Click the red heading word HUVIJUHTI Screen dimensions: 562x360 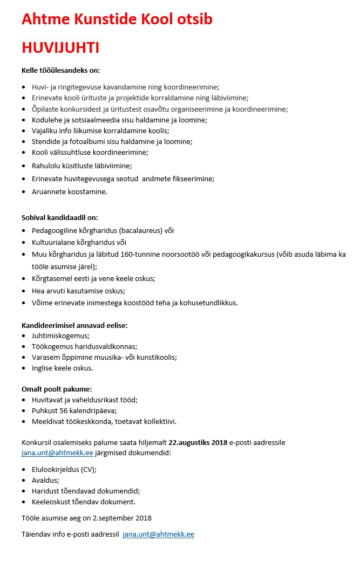[60, 48]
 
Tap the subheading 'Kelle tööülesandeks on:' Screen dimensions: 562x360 [60, 70]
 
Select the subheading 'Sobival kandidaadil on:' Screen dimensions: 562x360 [59, 217]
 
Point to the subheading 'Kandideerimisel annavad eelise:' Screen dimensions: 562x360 [74, 325]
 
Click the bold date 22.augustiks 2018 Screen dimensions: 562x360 [198, 442]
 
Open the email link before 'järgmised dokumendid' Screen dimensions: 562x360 [57, 453]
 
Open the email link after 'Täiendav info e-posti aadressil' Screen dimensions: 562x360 [158, 534]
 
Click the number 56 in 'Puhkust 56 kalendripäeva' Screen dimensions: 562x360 [67, 410]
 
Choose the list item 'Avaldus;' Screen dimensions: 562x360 [46, 480]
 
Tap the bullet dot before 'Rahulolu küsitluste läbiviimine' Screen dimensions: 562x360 [24, 166]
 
